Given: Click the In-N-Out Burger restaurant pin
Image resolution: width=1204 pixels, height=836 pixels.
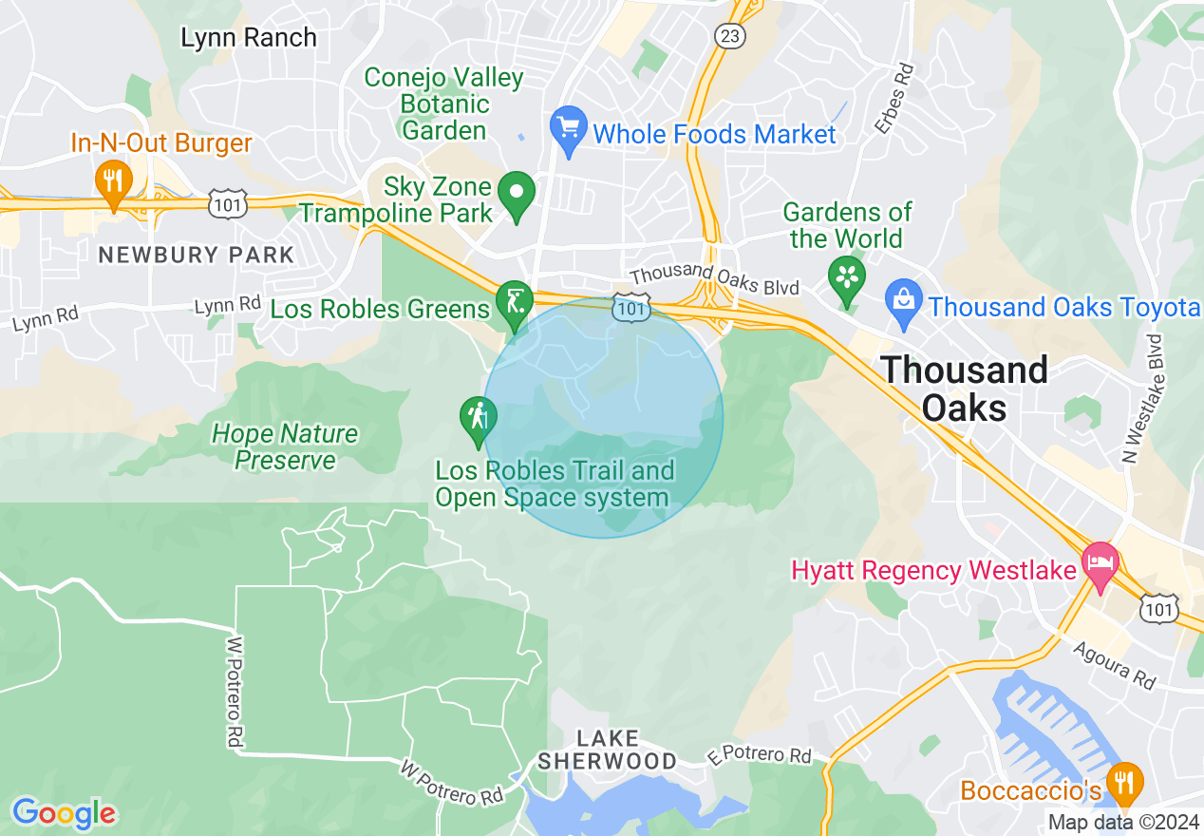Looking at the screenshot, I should [113, 180].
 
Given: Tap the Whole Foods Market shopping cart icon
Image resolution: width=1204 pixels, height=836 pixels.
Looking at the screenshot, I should [568, 127].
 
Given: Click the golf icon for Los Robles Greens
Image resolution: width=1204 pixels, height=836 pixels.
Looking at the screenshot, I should [514, 303].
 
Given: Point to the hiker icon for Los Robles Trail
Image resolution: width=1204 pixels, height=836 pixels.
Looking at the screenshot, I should [477, 418].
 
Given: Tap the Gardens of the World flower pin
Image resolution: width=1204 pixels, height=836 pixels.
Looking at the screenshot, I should [845, 276].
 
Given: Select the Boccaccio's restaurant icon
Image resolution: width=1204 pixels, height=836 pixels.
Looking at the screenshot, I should [1125, 783].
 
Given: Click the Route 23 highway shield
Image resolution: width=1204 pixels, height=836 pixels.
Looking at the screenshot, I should [730, 36].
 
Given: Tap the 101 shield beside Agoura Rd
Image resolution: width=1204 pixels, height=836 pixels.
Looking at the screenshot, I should [1161, 608].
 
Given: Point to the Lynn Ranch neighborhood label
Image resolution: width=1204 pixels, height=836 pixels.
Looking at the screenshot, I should [249, 38].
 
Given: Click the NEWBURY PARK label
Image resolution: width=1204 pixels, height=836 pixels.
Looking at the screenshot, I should [197, 255].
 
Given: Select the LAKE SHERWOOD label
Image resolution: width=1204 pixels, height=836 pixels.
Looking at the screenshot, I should [607, 750].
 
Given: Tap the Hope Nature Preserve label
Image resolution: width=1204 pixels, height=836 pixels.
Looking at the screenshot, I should [285, 447].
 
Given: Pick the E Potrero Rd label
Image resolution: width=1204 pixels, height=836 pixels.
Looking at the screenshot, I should [760, 755].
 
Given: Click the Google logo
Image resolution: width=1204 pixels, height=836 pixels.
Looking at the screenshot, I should [64, 813].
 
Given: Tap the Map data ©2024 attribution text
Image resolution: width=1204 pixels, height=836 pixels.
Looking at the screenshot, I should [1122, 823].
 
